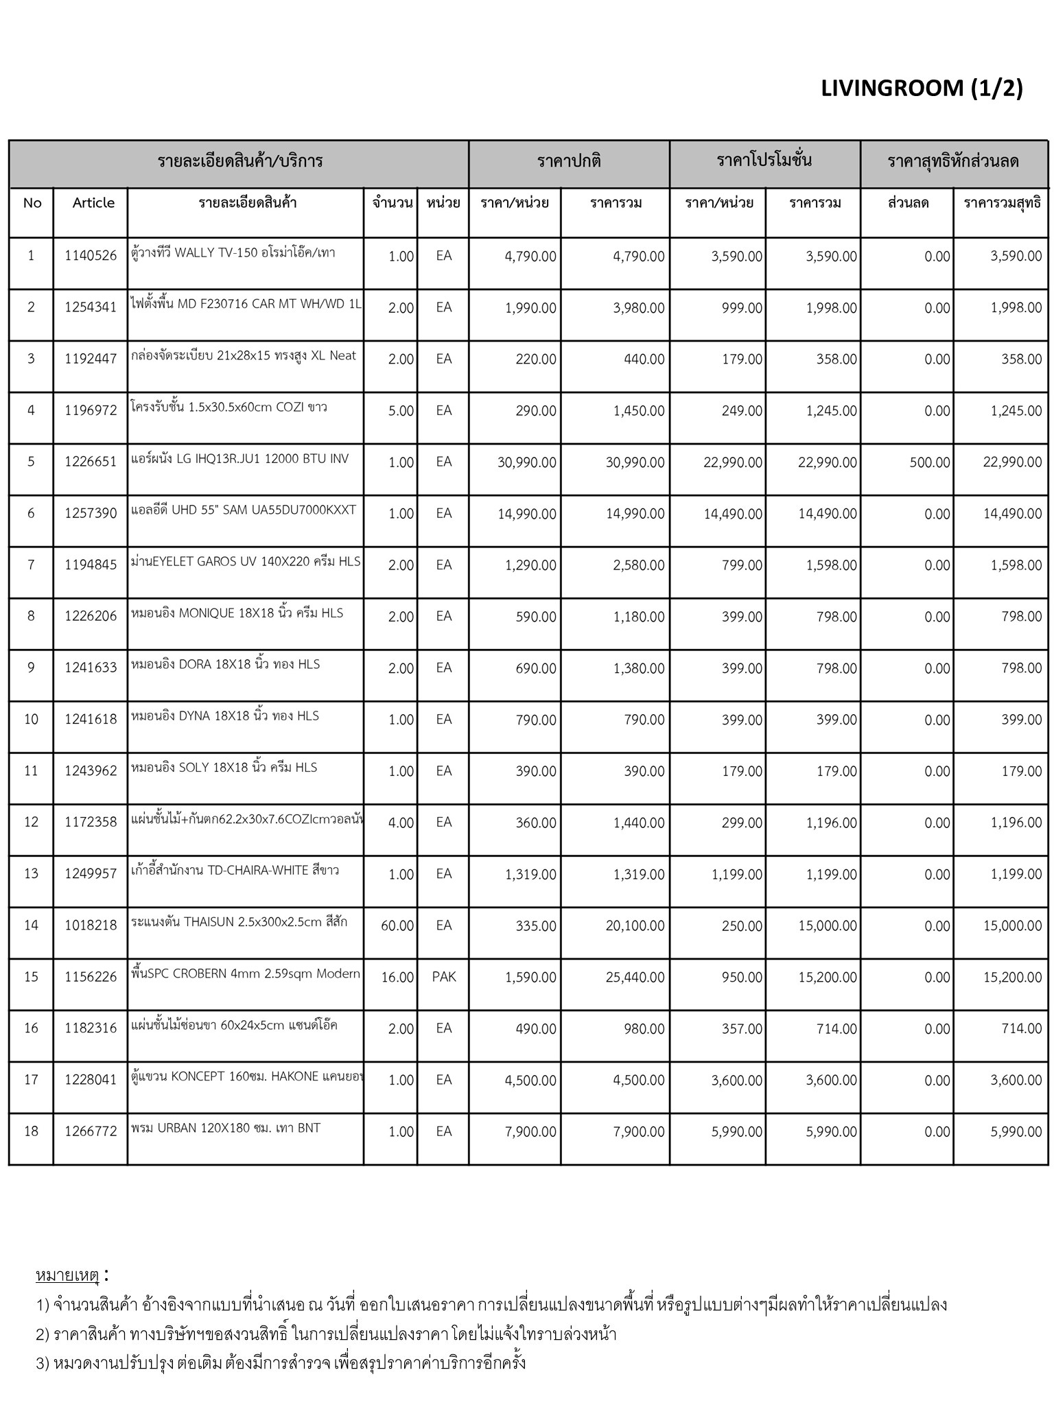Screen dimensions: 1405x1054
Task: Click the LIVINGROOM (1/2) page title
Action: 921,88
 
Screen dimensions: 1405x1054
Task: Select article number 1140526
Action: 91,257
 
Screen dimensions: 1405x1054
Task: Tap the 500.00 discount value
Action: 929,462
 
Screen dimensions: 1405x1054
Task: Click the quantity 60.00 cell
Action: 397,926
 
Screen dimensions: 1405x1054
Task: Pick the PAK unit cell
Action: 444,977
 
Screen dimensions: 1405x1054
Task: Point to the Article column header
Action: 93,203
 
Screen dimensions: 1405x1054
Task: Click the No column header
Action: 32,203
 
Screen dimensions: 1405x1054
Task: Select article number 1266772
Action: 91,1131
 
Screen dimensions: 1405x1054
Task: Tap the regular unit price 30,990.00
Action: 526,462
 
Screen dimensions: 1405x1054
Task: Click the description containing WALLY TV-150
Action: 233,252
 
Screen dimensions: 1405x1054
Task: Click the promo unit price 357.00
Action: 742,1029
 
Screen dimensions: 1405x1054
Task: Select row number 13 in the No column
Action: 31,874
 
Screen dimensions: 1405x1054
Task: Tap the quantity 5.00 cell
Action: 401,411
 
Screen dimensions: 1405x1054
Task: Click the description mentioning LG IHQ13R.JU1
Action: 239,458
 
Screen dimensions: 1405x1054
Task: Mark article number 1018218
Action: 91,926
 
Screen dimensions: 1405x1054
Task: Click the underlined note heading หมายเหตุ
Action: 67,1275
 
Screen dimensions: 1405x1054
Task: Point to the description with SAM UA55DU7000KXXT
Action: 244,510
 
